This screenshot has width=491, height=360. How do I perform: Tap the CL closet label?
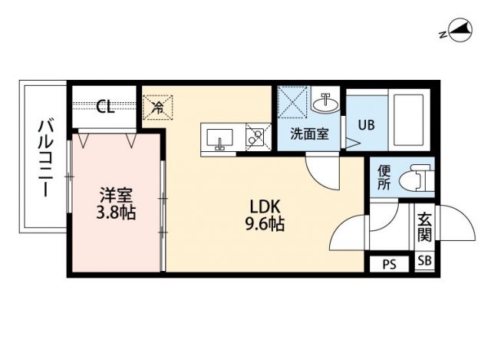point(105,107)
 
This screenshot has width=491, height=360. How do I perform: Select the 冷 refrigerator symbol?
point(157,107)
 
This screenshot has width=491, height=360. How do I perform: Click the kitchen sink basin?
point(221,139)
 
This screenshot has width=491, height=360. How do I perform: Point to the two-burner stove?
point(255,138)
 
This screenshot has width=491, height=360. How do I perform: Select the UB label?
point(366,124)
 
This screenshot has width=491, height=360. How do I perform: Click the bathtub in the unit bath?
point(413,121)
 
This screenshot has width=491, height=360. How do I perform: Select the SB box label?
point(424,261)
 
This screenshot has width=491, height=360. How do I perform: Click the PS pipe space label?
point(390,264)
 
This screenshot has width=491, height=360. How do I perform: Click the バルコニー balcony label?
point(45,157)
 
